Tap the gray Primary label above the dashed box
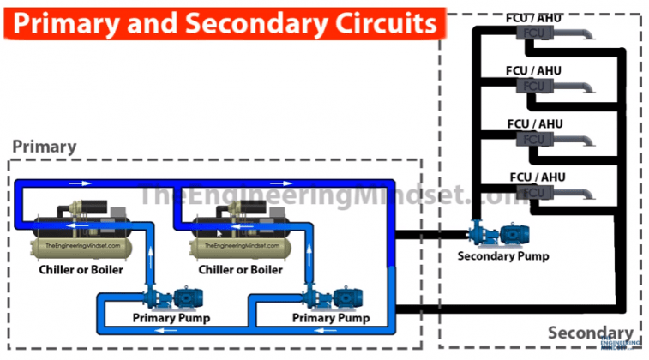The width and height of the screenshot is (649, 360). [x=44, y=147]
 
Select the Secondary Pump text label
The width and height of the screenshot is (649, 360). [x=502, y=255]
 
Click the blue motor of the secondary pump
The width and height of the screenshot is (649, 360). [x=513, y=234]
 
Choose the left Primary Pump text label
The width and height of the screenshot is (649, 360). [x=171, y=318]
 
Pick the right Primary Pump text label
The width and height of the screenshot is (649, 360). [x=332, y=318]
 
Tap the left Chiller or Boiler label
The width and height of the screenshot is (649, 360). [x=81, y=270]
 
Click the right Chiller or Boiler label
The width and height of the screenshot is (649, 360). [x=240, y=270]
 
